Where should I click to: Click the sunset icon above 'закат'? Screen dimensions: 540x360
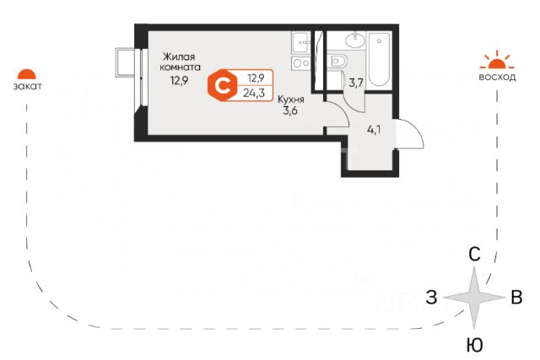pyautogui.click(x=29, y=74)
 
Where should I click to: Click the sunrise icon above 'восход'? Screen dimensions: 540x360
pyautogui.click(x=495, y=60)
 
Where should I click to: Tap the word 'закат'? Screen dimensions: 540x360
pyautogui.click(x=29, y=86)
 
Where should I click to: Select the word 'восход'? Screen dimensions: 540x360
pyautogui.click(x=496, y=77)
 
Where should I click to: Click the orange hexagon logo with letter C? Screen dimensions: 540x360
pyautogui.click(x=224, y=84)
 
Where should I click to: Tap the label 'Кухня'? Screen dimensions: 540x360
pyautogui.click(x=293, y=99)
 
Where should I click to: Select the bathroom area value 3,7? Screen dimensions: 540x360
pyautogui.click(x=355, y=82)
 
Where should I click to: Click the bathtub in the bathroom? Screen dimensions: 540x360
pyautogui.click(x=380, y=59)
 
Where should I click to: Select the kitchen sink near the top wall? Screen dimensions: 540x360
pyautogui.click(x=300, y=41)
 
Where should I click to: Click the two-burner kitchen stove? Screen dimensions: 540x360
pyautogui.click(x=300, y=62)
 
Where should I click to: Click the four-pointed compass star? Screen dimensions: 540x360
pyautogui.click(x=475, y=298)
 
